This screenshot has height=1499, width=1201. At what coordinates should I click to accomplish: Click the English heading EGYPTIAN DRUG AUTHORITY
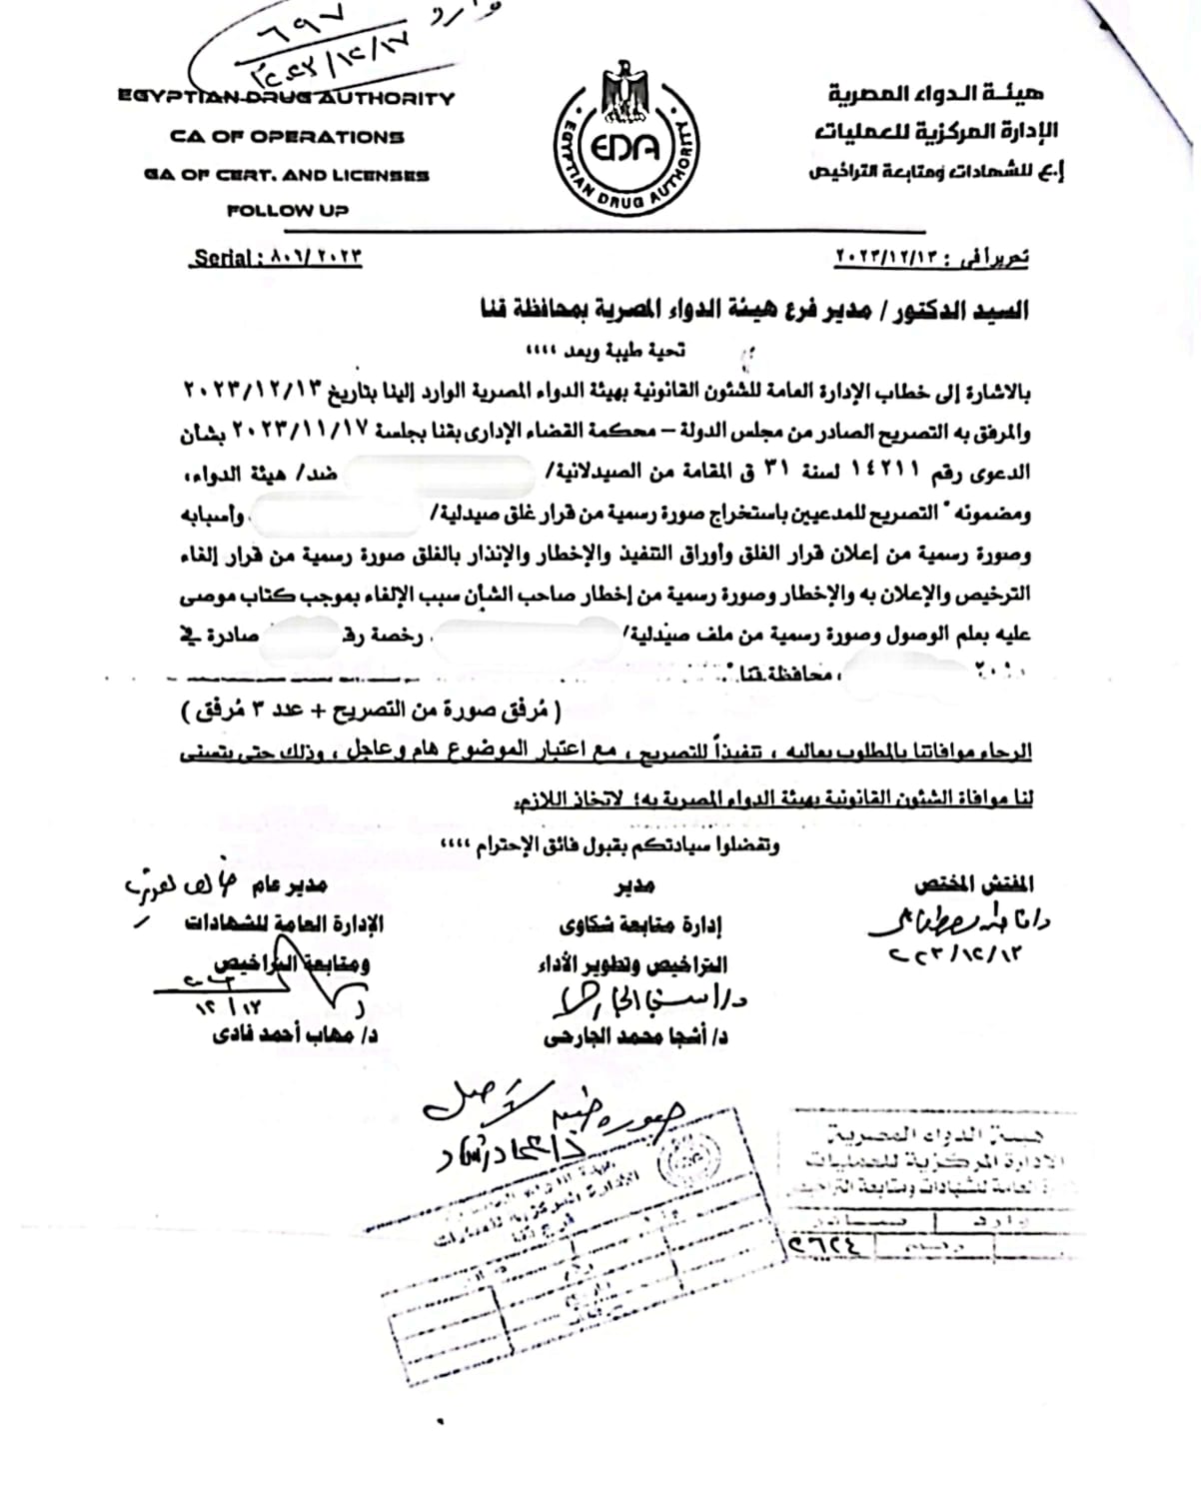pyautogui.click(x=286, y=98)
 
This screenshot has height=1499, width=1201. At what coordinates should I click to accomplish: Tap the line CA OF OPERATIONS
pyautogui.click(x=287, y=137)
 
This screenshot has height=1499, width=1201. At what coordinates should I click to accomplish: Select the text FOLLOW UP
pyautogui.click(x=287, y=211)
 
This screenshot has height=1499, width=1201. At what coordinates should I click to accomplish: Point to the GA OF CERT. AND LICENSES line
pyautogui.click(x=287, y=175)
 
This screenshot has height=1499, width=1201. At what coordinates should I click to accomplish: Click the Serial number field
pyautogui.click(x=277, y=257)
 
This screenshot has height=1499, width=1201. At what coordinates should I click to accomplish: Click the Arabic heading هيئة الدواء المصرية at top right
pyautogui.click(x=935, y=95)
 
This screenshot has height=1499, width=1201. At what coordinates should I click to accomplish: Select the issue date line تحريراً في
pyautogui.click(x=931, y=258)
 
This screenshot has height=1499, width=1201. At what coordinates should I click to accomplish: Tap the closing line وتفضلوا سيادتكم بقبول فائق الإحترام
pyautogui.click(x=610, y=845)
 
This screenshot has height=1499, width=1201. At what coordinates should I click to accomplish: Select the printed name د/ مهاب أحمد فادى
pyautogui.click(x=296, y=1034)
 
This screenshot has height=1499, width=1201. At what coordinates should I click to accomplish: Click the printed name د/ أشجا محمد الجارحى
pyautogui.click(x=635, y=1037)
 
